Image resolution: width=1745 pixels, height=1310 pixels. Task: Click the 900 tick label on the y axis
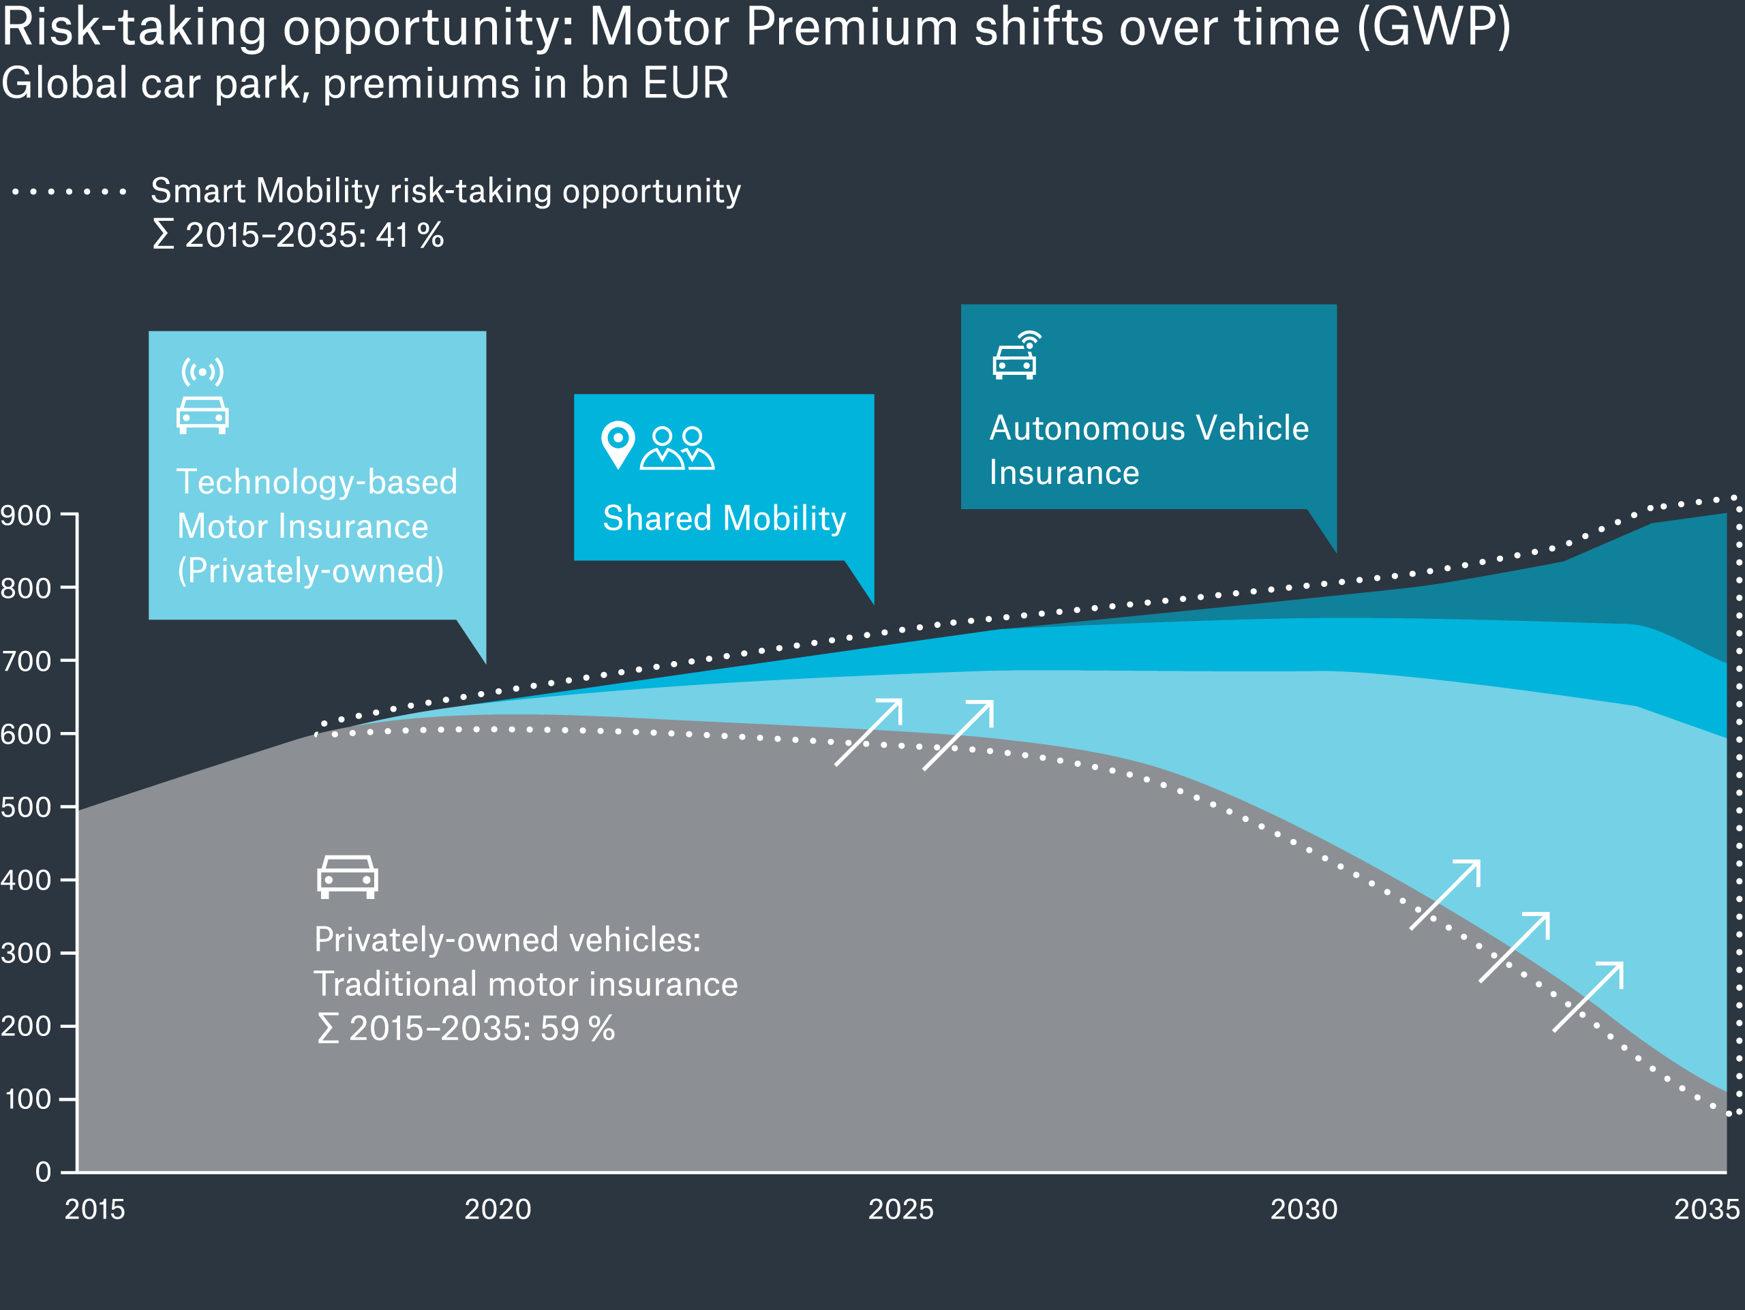click(26, 516)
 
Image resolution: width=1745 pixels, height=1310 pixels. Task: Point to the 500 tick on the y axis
click(26, 808)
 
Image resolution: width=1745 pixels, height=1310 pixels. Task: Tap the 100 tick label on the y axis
click(29, 1099)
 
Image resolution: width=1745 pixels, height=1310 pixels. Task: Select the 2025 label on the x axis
click(900, 1209)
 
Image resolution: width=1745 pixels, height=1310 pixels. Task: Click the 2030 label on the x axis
click(1303, 1209)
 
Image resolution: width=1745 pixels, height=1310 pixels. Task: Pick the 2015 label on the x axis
click(95, 1209)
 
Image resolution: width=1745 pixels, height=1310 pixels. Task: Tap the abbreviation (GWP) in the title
click(1433, 27)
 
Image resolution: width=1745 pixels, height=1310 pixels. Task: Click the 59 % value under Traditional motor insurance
click(577, 1029)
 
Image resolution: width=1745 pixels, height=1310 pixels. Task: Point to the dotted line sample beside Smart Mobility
click(70, 192)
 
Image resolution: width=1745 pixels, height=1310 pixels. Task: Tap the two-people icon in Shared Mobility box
click(677, 448)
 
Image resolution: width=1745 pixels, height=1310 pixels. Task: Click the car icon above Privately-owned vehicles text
click(347, 877)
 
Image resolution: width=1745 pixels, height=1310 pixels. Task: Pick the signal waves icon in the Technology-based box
click(202, 371)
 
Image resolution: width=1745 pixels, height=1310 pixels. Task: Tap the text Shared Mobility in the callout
click(723, 518)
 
